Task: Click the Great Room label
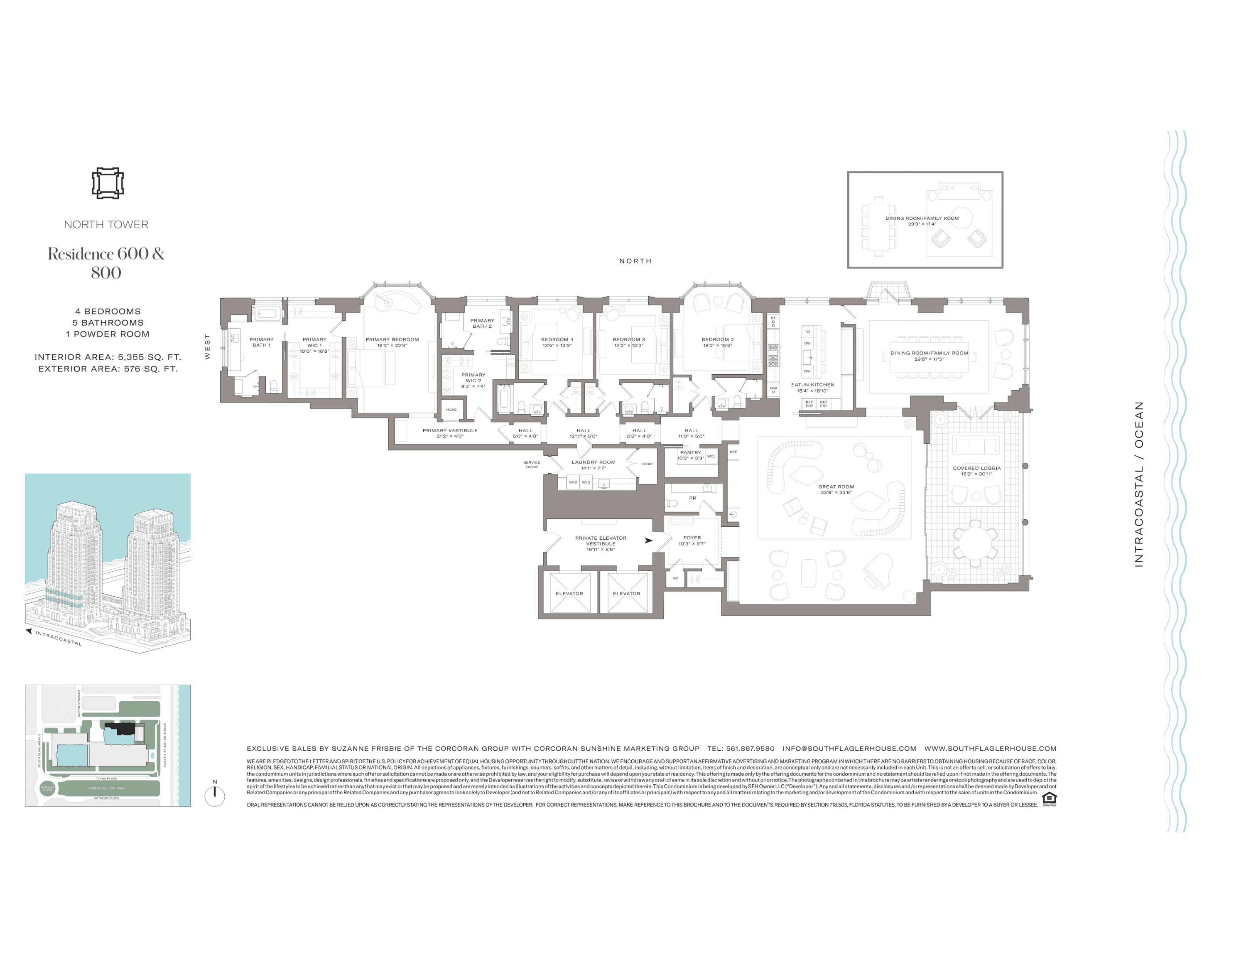(836, 489)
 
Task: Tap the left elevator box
(569, 593)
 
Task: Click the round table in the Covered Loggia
(975, 544)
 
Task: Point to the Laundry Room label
(594, 465)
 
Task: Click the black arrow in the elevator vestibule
(648, 540)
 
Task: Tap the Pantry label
(690, 454)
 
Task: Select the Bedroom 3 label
(629, 342)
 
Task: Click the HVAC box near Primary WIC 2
(451, 410)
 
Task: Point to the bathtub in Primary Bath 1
(267, 313)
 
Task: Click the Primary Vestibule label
(449, 433)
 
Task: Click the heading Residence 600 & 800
(106, 263)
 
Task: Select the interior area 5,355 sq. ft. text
(108, 357)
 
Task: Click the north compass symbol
(214, 795)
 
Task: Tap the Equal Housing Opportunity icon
(1049, 799)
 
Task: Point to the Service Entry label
(531, 465)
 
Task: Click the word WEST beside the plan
(207, 347)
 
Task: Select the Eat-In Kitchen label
(812, 387)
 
